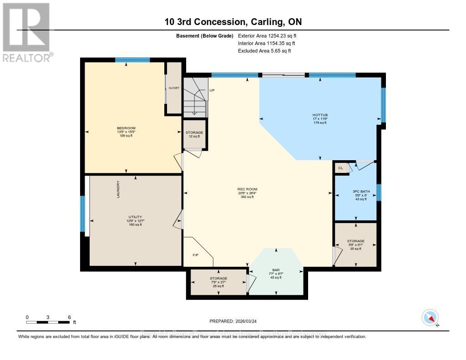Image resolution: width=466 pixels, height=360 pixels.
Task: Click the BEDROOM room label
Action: tap(126, 128)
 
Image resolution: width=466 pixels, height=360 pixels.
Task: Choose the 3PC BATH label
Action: tap(355, 191)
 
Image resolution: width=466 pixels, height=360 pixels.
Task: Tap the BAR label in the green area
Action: tap(276, 270)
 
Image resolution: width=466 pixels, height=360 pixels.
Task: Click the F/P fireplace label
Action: tap(195, 255)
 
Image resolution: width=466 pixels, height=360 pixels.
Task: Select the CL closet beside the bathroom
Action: tap(340, 168)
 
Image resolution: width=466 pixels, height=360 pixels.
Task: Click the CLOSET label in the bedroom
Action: tap(174, 88)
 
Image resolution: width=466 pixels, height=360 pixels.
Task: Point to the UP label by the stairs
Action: tap(212, 91)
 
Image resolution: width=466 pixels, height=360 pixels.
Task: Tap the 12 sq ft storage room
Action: tap(194, 134)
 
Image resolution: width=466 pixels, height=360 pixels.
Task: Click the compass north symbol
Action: tap(430, 318)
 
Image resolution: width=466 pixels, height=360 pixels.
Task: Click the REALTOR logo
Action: tap(26, 32)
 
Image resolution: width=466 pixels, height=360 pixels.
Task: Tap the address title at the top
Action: tap(233, 21)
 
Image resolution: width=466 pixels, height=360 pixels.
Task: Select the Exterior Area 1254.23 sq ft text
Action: tap(267, 35)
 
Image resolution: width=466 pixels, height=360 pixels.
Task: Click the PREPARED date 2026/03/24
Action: tap(233, 321)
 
